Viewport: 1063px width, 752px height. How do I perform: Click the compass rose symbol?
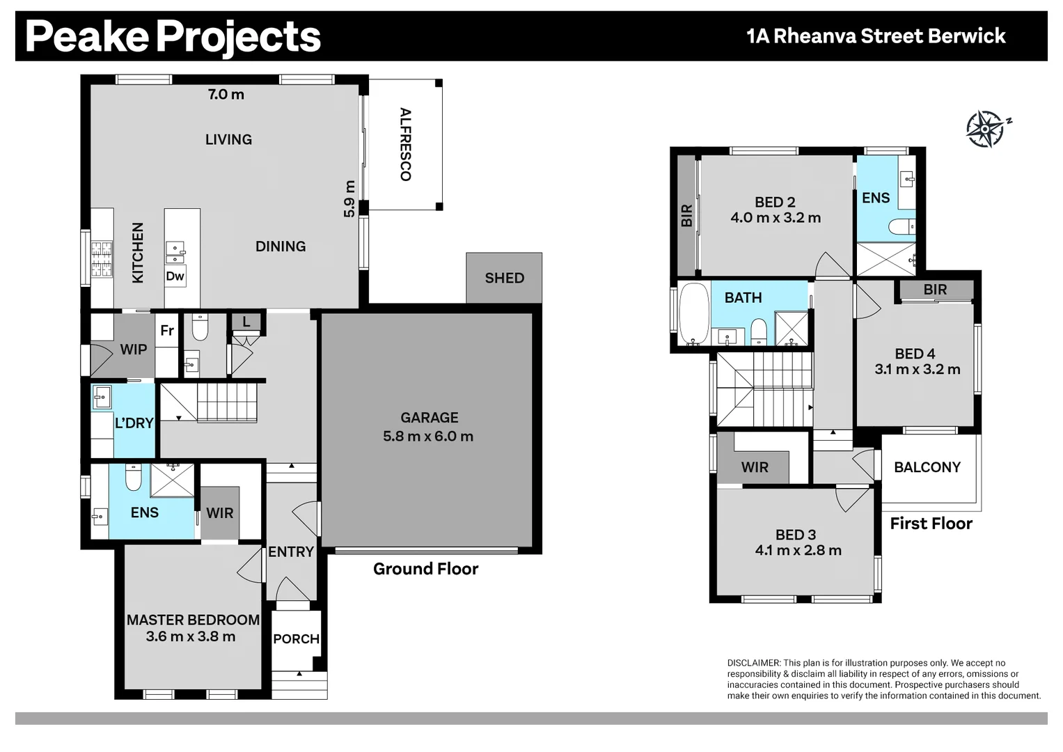point(986,129)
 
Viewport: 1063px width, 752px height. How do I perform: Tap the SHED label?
point(505,279)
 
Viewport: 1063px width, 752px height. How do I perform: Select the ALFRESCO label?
point(405,144)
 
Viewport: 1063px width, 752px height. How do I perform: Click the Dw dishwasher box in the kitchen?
point(175,276)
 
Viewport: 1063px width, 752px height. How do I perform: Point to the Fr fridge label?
point(167,331)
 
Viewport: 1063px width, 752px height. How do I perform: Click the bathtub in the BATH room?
point(694,314)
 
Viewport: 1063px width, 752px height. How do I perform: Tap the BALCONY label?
point(927,467)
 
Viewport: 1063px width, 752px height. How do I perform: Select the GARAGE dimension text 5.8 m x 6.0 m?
point(428,437)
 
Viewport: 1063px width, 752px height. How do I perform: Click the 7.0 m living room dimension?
point(226,95)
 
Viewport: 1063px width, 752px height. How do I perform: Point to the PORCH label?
point(296,639)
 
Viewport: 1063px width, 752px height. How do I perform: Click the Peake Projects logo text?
point(173,37)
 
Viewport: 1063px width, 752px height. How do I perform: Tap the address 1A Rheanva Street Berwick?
point(876,36)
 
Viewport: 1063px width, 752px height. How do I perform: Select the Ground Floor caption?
point(425,569)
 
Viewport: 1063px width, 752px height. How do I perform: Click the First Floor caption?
point(931,524)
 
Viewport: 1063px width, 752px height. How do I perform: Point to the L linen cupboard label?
point(246,322)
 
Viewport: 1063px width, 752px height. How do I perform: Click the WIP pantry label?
point(134,350)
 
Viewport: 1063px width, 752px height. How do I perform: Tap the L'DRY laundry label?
point(134,423)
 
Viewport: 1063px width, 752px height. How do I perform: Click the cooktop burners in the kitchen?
point(102,260)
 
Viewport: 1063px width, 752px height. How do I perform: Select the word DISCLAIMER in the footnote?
point(754,663)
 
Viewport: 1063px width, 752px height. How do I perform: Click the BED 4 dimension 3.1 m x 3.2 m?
point(918,369)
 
